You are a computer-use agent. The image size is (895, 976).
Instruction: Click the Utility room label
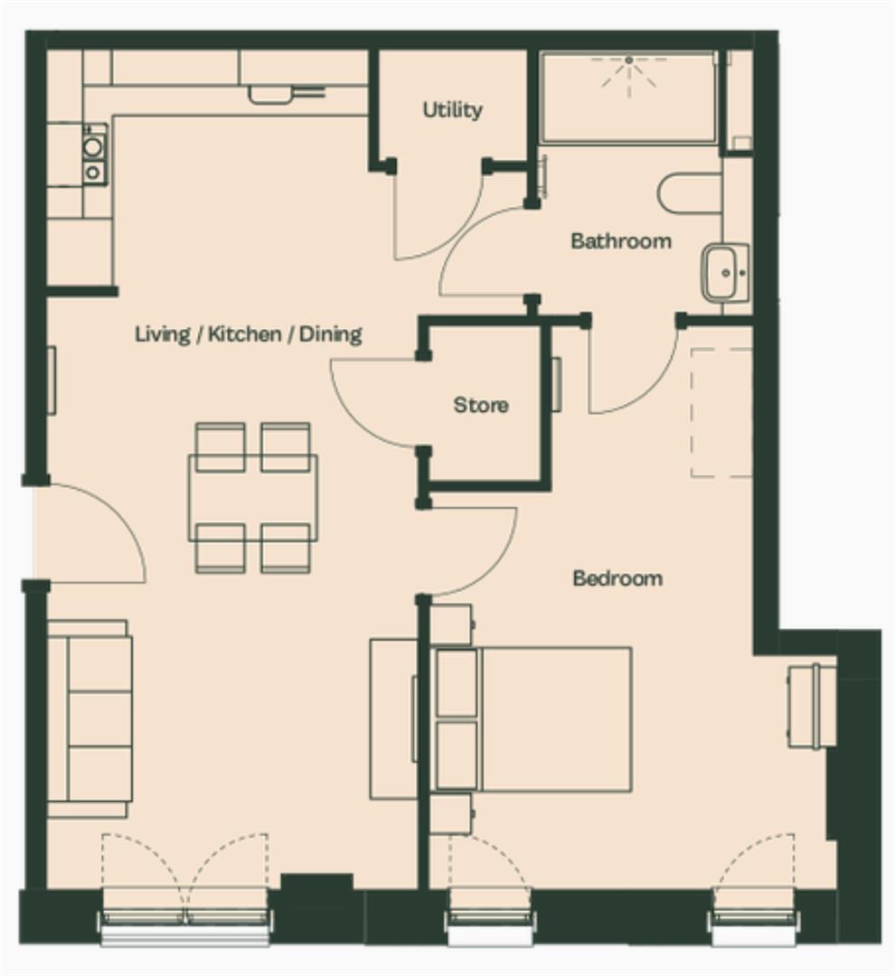click(452, 110)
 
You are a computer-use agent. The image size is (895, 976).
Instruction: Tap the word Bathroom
click(621, 241)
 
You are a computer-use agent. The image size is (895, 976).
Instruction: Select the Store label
click(480, 405)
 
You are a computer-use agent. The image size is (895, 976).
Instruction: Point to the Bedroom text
click(617, 578)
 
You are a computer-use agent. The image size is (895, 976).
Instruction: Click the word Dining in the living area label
click(331, 334)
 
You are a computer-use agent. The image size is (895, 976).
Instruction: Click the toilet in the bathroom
click(690, 193)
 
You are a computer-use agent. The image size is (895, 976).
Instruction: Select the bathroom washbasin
click(726, 273)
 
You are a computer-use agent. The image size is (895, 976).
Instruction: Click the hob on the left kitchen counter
click(94, 155)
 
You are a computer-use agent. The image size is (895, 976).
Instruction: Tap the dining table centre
click(253, 497)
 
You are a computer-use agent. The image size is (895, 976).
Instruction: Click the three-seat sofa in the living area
click(89, 718)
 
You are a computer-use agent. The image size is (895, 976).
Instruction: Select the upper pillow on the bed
click(457, 683)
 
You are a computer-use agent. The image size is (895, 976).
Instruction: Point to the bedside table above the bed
click(452, 624)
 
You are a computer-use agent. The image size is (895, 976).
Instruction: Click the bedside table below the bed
click(452, 813)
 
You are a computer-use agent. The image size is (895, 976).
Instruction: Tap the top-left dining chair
click(220, 446)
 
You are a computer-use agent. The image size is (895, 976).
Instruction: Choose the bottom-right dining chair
click(286, 548)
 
